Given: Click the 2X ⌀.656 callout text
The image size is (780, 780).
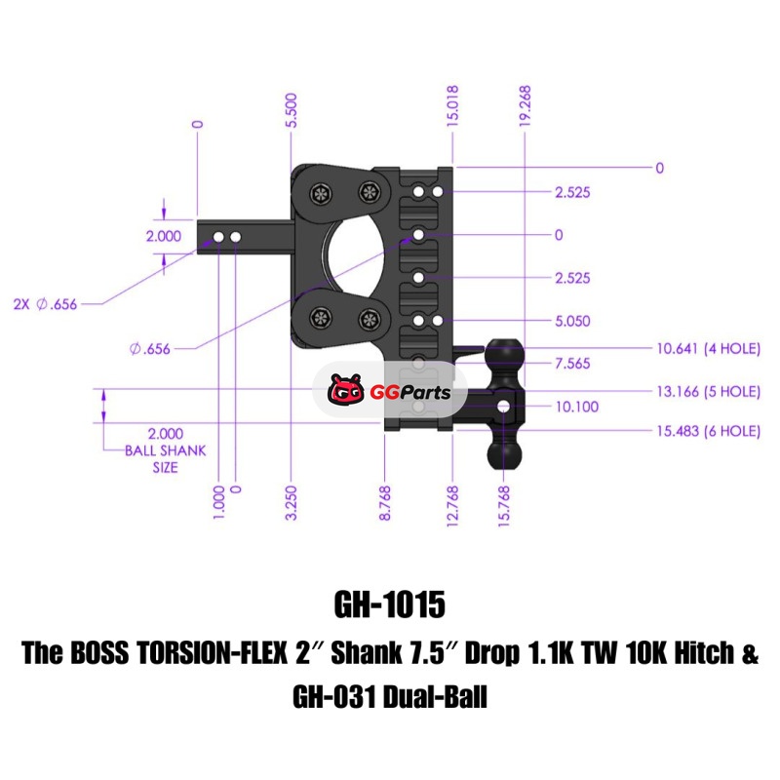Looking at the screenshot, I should [x=45, y=304].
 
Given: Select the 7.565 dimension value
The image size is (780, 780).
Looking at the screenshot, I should [x=572, y=364].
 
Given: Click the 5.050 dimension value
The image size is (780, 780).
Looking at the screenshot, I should [x=572, y=321].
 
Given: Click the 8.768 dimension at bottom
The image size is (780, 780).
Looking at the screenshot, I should [x=386, y=503].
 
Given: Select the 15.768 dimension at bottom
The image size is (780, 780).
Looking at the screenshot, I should [x=504, y=503].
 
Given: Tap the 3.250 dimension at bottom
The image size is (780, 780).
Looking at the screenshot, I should [x=292, y=503].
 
